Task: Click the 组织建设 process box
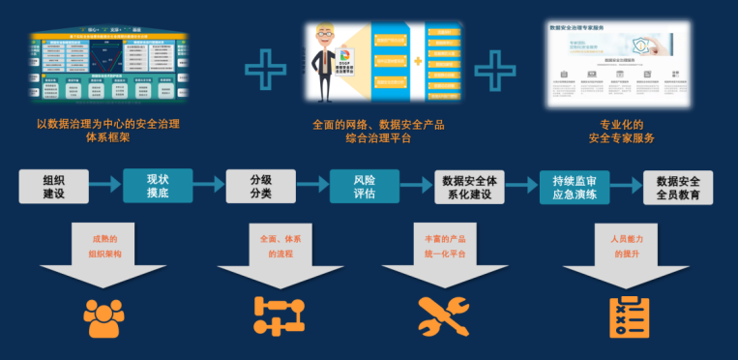click(x=54, y=186)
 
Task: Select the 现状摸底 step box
click(x=158, y=186)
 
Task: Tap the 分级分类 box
click(x=260, y=186)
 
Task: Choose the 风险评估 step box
click(x=364, y=186)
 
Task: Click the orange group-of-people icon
click(x=103, y=317)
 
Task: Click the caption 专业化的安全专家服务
click(x=615, y=131)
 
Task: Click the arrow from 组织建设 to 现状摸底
click(x=105, y=186)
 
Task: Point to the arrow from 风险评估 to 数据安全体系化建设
click(x=416, y=186)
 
